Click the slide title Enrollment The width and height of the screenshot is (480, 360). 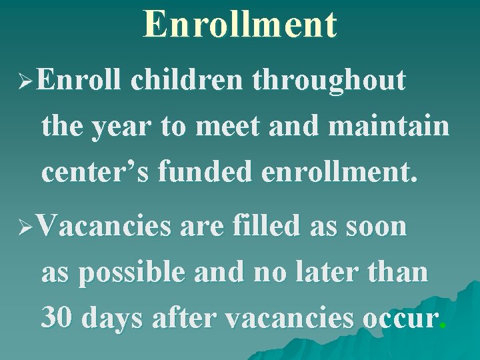click(x=240, y=24)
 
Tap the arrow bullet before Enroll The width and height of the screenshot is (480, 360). click(x=26, y=83)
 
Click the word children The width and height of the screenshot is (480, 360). click(x=191, y=81)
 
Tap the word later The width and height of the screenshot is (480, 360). click(x=340, y=273)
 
